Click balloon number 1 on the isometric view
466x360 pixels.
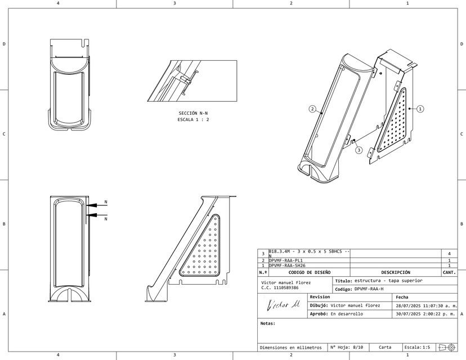(x=420, y=109)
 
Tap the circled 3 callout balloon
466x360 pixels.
(x=359, y=150)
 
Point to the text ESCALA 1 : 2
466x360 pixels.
(x=193, y=120)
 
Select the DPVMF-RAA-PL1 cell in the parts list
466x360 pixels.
(x=286, y=261)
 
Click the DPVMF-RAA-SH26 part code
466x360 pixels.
(x=288, y=265)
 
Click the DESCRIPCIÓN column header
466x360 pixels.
(x=396, y=272)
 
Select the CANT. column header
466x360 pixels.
(x=449, y=272)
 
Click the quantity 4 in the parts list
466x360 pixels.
(x=449, y=254)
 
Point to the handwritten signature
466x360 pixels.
(x=284, y=305)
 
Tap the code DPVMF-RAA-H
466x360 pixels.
(x=369, y=289)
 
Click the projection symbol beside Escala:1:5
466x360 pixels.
(x=447, y=348)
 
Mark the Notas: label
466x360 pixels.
(x=268, y=323)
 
